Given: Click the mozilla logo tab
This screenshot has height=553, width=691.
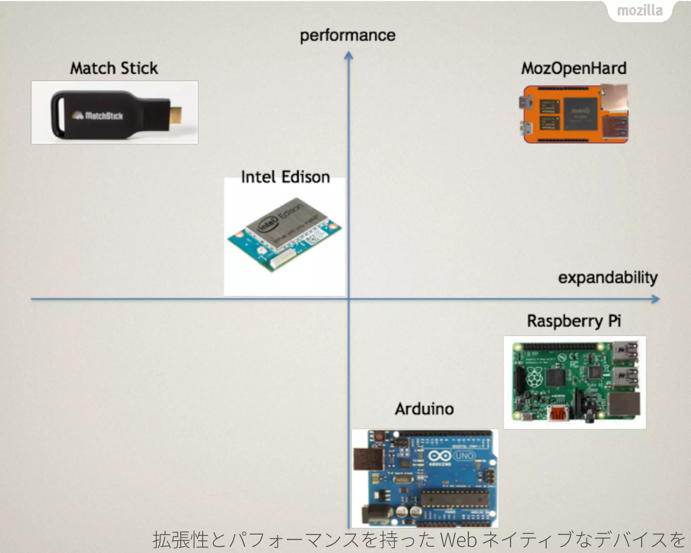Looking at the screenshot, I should (x=640, y=11).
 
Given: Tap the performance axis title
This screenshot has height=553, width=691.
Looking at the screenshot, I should (x=348, y=35).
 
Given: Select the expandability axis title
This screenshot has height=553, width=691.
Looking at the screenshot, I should (x=608, y=278).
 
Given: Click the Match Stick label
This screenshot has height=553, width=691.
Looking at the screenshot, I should (x=114, y=68).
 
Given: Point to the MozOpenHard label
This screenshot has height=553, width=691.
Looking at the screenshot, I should (x=574, y=68).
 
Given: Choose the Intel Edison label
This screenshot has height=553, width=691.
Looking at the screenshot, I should (x=285, y=177).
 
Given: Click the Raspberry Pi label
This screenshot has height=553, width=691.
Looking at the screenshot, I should (x=574, y=321).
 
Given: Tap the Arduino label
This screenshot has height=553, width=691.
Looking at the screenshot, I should (x=424, y=409).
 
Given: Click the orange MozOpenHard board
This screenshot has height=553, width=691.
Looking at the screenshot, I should (x=574, y=114).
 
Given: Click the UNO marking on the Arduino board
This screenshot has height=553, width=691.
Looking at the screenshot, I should (x=464, y=456).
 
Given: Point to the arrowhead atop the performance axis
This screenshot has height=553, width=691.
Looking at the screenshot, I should (x=349, y=55).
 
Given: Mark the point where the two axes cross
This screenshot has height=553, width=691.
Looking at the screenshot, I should (x=349, y=299).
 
